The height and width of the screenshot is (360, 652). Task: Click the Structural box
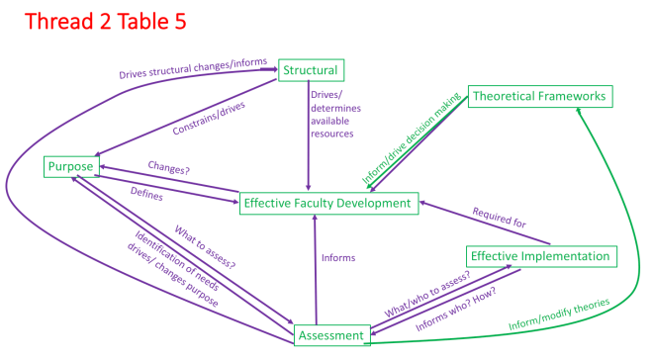(311, 70)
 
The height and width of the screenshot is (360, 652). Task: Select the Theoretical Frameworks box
(540, 96)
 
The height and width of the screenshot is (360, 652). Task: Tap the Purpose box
(70, 167)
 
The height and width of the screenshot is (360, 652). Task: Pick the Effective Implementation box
(540, 256)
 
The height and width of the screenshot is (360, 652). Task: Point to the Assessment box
(331, 336)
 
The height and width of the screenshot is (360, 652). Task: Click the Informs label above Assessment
(338, 259)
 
